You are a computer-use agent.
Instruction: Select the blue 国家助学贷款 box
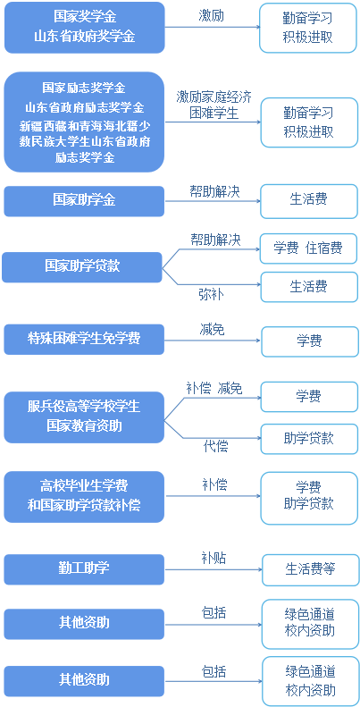click(82, 267)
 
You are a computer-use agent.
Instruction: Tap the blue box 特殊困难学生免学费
click(84, 339)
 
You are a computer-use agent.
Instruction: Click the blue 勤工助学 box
click(84, 569)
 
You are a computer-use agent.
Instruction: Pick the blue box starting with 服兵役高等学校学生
click(84, 417)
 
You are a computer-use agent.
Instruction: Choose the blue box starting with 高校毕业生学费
click(84, 497)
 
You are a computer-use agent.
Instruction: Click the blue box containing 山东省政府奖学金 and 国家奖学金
click(85, 28)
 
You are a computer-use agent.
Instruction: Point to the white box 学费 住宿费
click(309, 248)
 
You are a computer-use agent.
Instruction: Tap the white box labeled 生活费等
click(311, 569)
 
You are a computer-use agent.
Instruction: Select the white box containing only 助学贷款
click(310, 439)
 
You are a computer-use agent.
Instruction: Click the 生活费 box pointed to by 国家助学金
click(310, 199)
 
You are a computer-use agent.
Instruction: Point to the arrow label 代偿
click(215, 446)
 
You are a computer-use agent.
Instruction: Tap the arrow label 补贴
click(213, 559)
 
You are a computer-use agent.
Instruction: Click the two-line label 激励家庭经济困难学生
click(214, 105)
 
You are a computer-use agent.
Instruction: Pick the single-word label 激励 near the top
click(212, 16)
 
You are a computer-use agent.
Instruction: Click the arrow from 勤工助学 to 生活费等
click(213, 570)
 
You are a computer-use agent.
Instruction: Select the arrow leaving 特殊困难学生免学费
click(213, 340)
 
